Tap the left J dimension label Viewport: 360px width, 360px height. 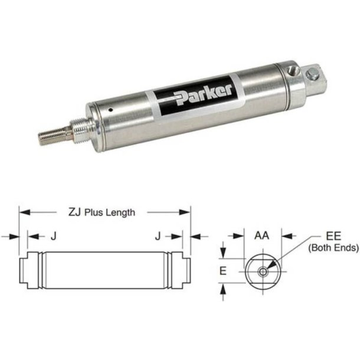[53, 236]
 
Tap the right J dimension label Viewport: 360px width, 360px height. [157, 236]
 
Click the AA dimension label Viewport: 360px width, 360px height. [263, 235]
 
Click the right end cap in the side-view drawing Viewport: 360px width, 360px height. [181, 271]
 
